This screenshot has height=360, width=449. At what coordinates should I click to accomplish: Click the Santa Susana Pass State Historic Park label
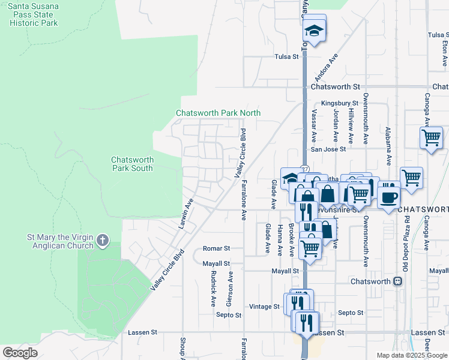point(34,15)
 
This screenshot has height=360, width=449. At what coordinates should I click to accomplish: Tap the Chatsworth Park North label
point(218,113)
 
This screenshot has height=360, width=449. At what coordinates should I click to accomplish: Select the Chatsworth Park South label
point(132,164)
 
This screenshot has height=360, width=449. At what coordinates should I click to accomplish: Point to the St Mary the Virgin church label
point(60,241)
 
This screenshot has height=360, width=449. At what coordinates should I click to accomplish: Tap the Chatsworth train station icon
point(397,281)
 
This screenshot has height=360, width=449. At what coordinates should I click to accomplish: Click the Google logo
point(20,353)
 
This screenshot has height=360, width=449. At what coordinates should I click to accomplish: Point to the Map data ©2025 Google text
point(411,355)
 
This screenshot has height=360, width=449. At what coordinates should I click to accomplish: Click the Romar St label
point(217,248)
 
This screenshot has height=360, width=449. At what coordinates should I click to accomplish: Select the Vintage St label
point(265,306)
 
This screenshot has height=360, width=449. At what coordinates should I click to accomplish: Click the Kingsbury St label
point(339,103)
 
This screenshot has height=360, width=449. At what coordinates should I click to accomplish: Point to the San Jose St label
point(328,149)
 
